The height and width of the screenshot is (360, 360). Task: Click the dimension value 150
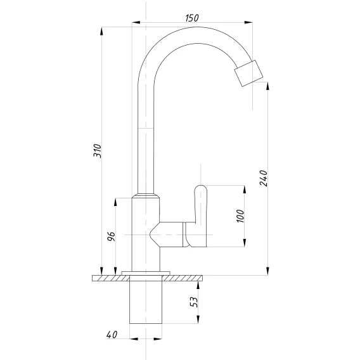pyautogui.click(x=192, y=18)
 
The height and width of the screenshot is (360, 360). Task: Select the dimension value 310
pyautogui.click(x=97, y=151)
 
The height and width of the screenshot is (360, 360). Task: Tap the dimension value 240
pyautogui.click(x=263, y=178)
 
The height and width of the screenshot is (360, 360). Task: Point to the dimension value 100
pyautogui.click(x=240, y=216)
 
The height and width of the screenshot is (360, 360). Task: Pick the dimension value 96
pyautogui.click(x=111, y=236)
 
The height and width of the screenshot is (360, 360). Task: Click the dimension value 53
pyautogui.click(x=194, y=302)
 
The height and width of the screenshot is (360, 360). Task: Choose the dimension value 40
pyautogui.click(x=112, y=335)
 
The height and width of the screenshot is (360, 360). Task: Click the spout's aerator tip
pyautogui.click(x=248, y=74)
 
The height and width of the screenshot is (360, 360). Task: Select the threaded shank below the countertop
pyautogui.click(x=146, y=302)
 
